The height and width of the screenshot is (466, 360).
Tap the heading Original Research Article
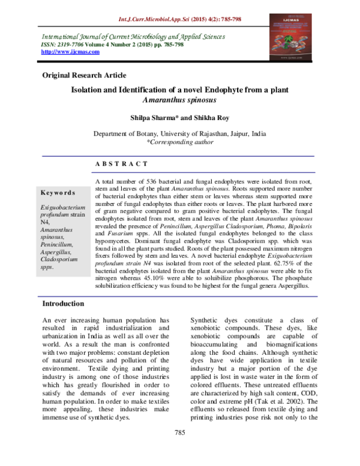tap(83, 75)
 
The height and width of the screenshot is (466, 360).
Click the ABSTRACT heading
tap(121, 164)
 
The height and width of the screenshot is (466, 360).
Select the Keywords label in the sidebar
tap(58, 193)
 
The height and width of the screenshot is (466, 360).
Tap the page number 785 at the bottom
tap(179, 449)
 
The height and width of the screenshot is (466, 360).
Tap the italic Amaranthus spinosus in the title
tap(179, 100)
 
